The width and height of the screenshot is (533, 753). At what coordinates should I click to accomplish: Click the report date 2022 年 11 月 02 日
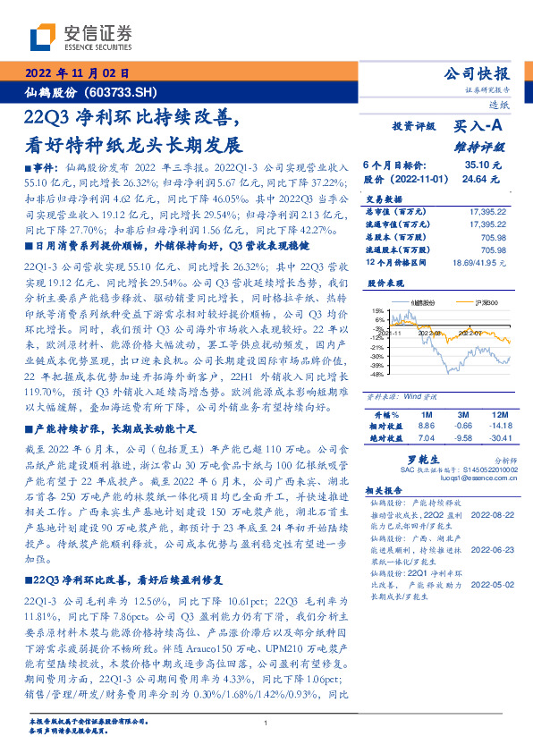78,74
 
